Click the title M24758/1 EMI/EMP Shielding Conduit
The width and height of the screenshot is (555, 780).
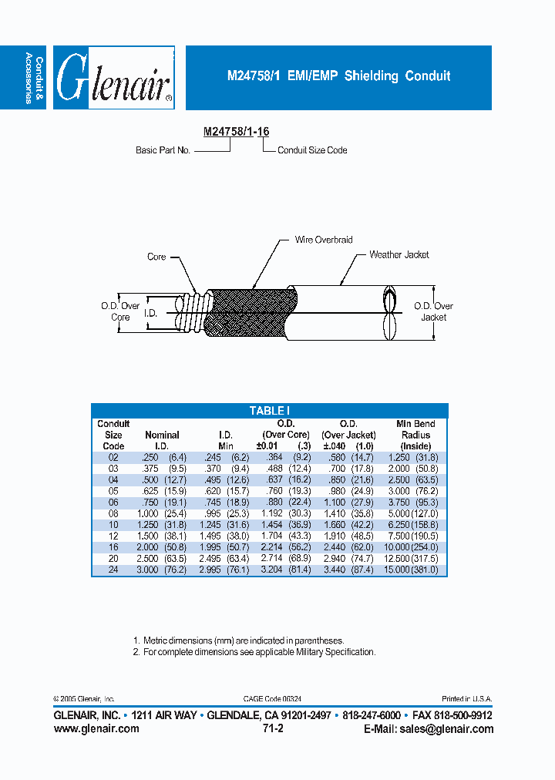[x=338, y=76]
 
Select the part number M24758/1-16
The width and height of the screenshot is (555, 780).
[x=236, y=132]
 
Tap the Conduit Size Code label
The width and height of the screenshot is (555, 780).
[x=312, y=150]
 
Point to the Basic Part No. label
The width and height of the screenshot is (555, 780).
[x=163, y=150]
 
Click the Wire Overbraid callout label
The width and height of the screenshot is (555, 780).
[x=324, y=240]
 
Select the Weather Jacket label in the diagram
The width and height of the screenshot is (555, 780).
[x=399, y=254]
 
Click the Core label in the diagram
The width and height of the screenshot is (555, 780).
[x=156, y=257]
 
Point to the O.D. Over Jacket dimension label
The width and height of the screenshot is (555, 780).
[x=434, y=311]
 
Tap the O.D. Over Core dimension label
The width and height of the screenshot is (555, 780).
[x=120, y=311]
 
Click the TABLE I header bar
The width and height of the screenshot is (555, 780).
[x=269, y=411]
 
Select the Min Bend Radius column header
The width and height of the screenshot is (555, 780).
[x=415, y=435]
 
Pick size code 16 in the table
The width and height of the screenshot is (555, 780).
[x=113, y=546]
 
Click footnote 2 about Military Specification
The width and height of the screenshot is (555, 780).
[x=254, y=652]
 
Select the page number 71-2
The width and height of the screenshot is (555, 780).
[x=273, y=729]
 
